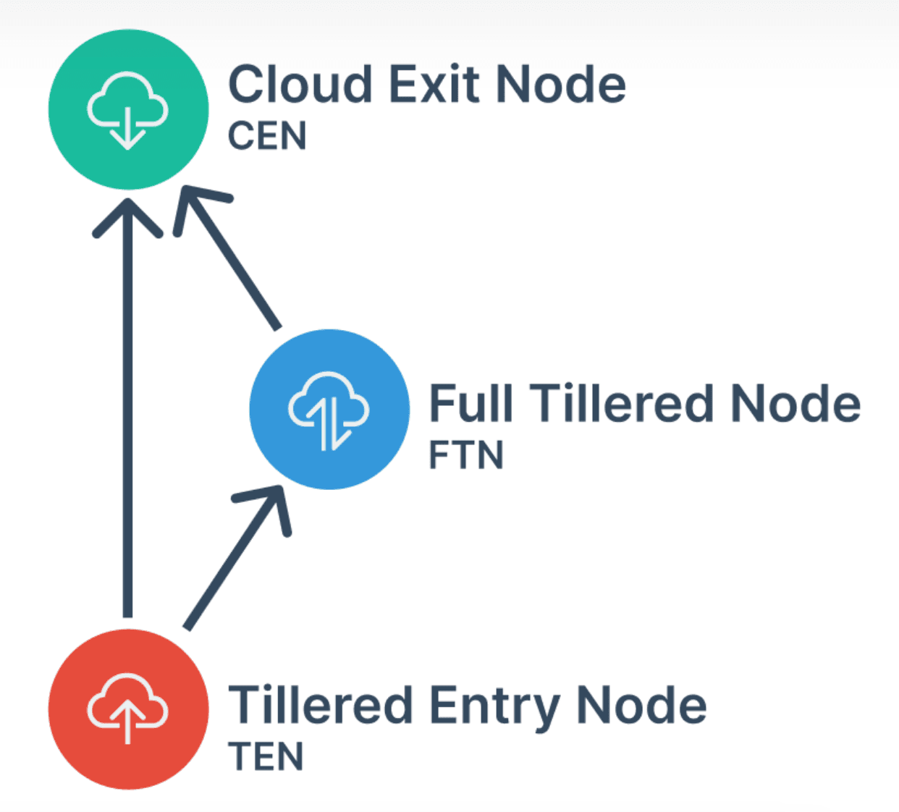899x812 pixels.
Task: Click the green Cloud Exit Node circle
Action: [128, 109]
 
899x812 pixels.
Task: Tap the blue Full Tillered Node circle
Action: [329, 409]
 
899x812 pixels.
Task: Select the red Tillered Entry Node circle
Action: [128, 709]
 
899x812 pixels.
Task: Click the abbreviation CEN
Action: [267, 136]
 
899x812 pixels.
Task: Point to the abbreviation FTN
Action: [465, 455]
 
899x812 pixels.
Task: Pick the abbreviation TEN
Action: [266, 757]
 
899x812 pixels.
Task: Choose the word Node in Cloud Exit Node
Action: [561, 85]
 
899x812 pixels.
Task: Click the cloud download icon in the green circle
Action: [128, 111]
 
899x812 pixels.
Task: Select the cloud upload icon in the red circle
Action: [128, 708]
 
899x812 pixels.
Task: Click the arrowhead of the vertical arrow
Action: [128, 214]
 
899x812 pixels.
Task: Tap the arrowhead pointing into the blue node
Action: [271, 503]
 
